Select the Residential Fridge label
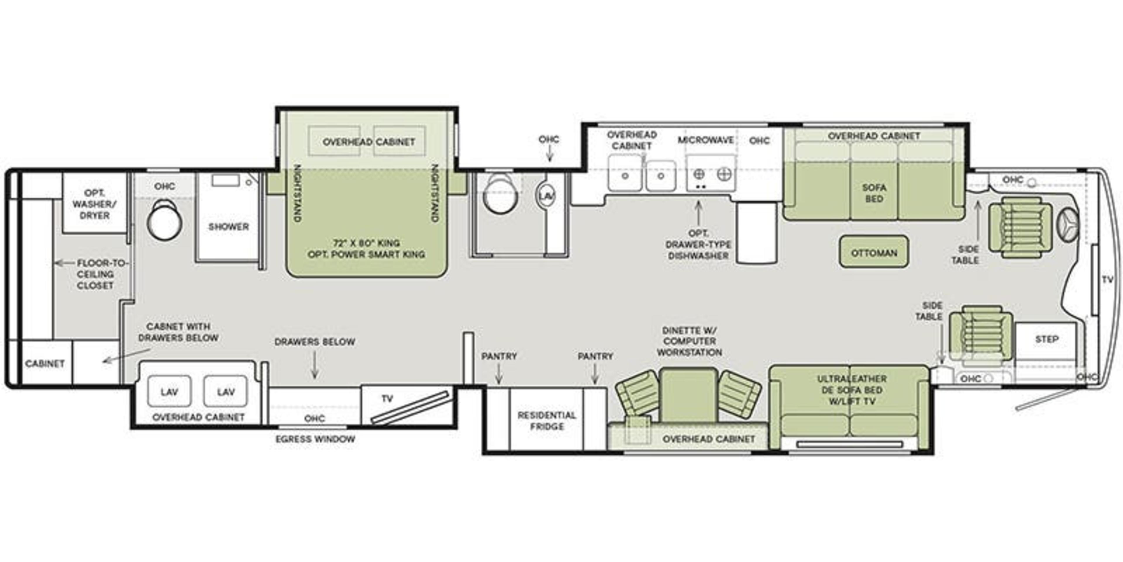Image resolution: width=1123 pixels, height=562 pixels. tap(547, 421)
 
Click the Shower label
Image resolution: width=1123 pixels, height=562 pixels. tap(228, 227)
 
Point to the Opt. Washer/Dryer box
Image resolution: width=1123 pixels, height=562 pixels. tap(94, 204)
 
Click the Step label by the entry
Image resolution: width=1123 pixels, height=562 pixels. tap(1046, 339)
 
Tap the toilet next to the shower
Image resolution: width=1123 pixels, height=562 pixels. tap(164, 220)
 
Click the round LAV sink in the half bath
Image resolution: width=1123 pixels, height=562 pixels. tap(546, 196)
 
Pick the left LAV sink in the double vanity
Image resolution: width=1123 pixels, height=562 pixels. tap(169, 391)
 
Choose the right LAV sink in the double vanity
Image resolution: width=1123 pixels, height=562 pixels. tap(225, 391)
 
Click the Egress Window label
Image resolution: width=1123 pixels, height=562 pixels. tap(315, 439)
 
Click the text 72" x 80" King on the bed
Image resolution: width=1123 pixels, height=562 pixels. tap(366, 243)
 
